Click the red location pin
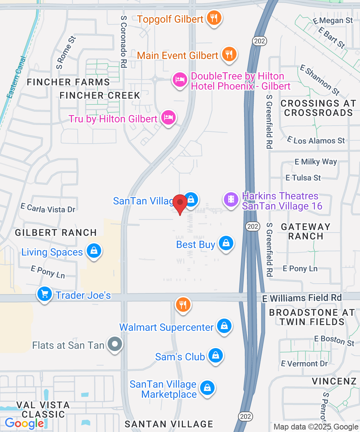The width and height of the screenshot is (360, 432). [x=180, y=204]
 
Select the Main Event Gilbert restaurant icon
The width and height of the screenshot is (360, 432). [x=229, y=55]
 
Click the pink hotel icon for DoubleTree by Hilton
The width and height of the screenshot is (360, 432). [x=180, y=79]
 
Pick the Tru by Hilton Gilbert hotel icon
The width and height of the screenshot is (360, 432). [x=168, y=118]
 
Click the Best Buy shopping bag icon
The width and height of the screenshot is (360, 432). [x=226, y=244]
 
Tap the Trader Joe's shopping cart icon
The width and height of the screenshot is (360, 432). [x=45, y=294]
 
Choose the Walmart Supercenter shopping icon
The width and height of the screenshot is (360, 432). [x=224, y=326]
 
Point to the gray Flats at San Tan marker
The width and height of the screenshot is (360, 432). [x=115, y=345]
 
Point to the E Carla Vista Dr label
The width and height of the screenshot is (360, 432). [x=48, y=208]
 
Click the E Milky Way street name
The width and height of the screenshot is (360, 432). [x=316, y=162]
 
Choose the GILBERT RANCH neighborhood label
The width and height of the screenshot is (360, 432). [x=56, y=233]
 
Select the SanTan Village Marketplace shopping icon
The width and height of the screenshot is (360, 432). [x=207, y=388]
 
